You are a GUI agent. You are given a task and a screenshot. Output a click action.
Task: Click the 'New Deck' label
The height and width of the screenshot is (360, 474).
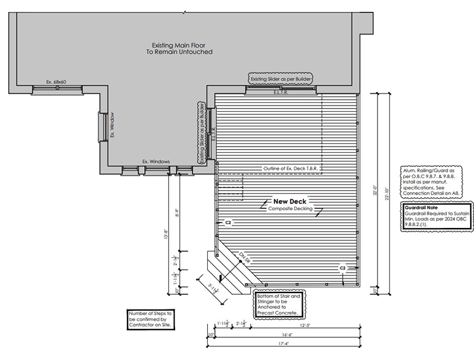tap(290, 201)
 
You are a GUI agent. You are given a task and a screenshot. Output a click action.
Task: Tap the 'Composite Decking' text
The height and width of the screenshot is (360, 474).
tap(290, 208)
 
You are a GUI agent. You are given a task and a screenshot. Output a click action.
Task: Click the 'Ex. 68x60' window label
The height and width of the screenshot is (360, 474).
tap(56, 82)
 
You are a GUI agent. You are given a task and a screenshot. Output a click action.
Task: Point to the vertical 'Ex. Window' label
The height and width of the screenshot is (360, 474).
tap(112, 125)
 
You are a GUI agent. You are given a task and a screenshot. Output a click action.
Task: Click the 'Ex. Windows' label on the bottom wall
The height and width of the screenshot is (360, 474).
tap(155, 162)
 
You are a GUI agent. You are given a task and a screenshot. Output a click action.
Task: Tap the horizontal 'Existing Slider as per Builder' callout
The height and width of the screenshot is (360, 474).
tap(279, 78)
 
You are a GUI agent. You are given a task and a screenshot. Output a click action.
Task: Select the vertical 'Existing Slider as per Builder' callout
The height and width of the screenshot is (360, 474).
tap(202, 133)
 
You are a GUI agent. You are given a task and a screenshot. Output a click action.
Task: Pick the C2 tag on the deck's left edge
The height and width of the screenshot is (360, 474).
tap(228, 223)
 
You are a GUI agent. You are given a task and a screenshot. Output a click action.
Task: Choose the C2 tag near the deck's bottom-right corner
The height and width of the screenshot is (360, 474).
tap(343, 268)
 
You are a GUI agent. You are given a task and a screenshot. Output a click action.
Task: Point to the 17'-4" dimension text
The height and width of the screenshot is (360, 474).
tap(286, 344)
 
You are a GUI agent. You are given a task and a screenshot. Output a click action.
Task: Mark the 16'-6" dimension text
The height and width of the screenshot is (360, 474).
tap(286, 335)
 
